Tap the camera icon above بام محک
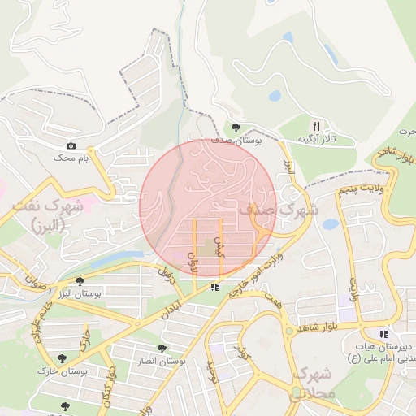tap(71, 145)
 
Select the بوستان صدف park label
tap(236, 140)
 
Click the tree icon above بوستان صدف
tap(236, 128)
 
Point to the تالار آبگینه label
tap(317, 140)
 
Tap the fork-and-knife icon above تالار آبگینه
tap(317, 127)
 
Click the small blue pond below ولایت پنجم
tap(330, 224)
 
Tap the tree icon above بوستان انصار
tap(162, 348)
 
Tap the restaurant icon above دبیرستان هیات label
tap(383, 334)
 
